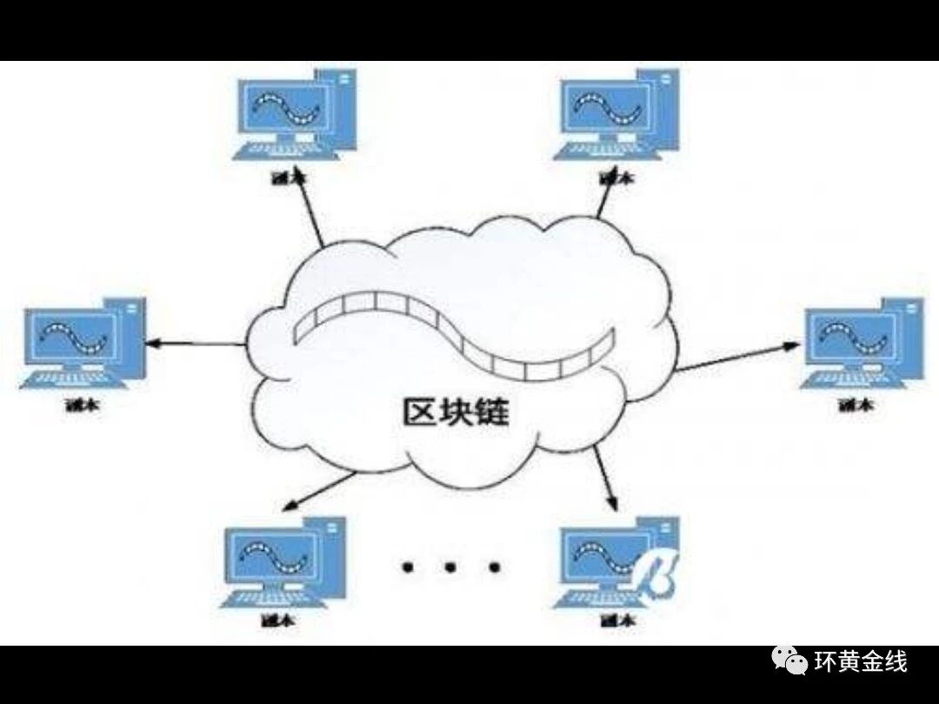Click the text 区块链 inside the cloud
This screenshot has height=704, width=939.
(456, 412)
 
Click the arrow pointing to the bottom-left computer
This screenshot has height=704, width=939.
(321, 491)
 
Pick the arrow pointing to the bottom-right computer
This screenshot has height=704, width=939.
(606, 479)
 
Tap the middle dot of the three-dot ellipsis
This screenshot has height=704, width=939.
(450, 567)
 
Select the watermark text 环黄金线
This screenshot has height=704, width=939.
(860, 663)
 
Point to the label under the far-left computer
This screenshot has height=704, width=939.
(82, 406)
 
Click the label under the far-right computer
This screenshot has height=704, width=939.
(857, 406)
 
